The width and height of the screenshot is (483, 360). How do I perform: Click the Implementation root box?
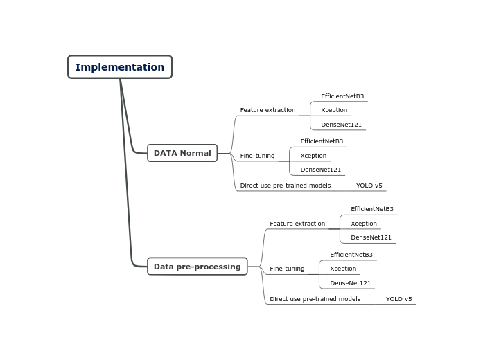click(120, 66)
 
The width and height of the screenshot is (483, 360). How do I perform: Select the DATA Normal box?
click(182, 153)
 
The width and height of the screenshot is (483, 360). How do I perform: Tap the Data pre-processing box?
click(197, 267)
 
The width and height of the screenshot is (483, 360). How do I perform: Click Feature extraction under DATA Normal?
click(267, 110)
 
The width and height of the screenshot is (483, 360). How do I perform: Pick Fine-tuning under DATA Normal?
click(257, 156)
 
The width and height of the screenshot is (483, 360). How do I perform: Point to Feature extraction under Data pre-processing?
click(297, 224)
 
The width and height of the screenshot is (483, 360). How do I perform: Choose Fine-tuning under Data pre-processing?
click(287, 269)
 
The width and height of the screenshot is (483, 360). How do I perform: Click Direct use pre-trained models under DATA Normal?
click(286, 186)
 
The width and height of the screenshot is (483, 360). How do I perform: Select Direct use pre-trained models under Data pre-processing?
click(315, 299)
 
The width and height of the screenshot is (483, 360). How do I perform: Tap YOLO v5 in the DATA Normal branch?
click(369, 186)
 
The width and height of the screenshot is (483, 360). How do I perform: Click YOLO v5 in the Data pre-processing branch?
click(398, 299)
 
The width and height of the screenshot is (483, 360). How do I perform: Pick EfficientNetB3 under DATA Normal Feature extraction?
click(342, 96)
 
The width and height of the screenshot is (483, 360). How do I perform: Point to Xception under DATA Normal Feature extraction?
click(334, 110)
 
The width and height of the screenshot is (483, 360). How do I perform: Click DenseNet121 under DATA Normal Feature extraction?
click(341, 125)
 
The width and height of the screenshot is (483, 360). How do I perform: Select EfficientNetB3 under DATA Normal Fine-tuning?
click(322, 141)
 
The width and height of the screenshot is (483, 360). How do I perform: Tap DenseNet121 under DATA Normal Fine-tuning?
click(320, 170)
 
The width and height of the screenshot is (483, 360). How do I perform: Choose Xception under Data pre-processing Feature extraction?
click(364, 224)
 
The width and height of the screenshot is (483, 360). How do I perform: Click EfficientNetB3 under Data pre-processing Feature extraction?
click(372, 209)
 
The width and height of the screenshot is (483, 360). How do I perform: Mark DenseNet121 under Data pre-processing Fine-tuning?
click(350, 283)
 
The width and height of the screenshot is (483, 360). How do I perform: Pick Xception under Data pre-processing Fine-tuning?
click(343, 269)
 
